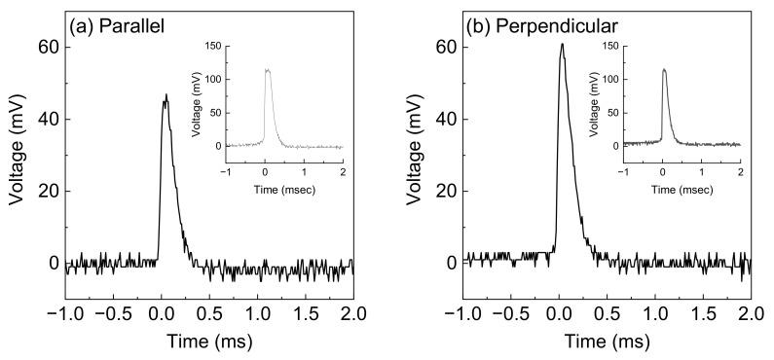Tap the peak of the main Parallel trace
point(166,95)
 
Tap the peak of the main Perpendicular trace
point(562,44)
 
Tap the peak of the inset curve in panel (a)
point(268,69)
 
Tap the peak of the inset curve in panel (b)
point(663,69)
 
